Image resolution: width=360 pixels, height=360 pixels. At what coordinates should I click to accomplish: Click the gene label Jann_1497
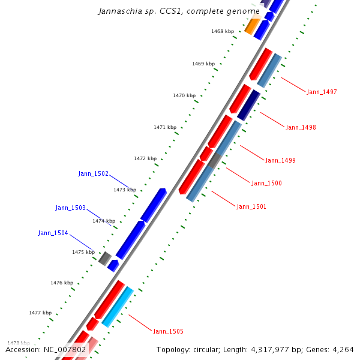tap(322, 92)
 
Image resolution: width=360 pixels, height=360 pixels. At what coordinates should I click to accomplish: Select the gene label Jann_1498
tap(301, 127)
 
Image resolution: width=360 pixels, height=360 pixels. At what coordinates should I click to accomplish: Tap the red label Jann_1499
tap(280, 160)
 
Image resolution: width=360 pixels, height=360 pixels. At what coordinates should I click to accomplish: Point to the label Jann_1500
tap(266, 183)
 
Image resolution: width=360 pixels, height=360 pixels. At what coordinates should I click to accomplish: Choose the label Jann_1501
tap(251, 206)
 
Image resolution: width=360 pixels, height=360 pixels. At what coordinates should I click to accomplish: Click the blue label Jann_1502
tap(93, 173)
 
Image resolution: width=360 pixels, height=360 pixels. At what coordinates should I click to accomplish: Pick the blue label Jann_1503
tap(70, 208)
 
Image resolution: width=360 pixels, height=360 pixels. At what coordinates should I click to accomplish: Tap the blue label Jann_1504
tap(53, 233)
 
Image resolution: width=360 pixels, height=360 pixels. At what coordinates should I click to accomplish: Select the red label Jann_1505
tap(168, 331)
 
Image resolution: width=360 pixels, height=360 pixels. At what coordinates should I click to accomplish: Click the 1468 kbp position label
tap(223, 31)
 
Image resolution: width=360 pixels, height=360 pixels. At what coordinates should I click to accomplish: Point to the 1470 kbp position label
tap(184, 95)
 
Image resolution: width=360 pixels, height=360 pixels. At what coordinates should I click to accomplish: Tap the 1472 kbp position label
tap(145, 158)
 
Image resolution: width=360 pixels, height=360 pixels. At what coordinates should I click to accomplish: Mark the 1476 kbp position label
tap(62, 283)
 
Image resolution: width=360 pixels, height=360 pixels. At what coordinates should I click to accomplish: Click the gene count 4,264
tap(341, 350)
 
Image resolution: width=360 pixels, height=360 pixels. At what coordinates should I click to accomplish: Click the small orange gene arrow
tap(252, 26)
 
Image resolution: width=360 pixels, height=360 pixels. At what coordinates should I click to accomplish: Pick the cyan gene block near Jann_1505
tap(118, 307)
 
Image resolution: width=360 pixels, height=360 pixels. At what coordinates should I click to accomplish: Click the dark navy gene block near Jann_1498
tap(248, 105)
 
